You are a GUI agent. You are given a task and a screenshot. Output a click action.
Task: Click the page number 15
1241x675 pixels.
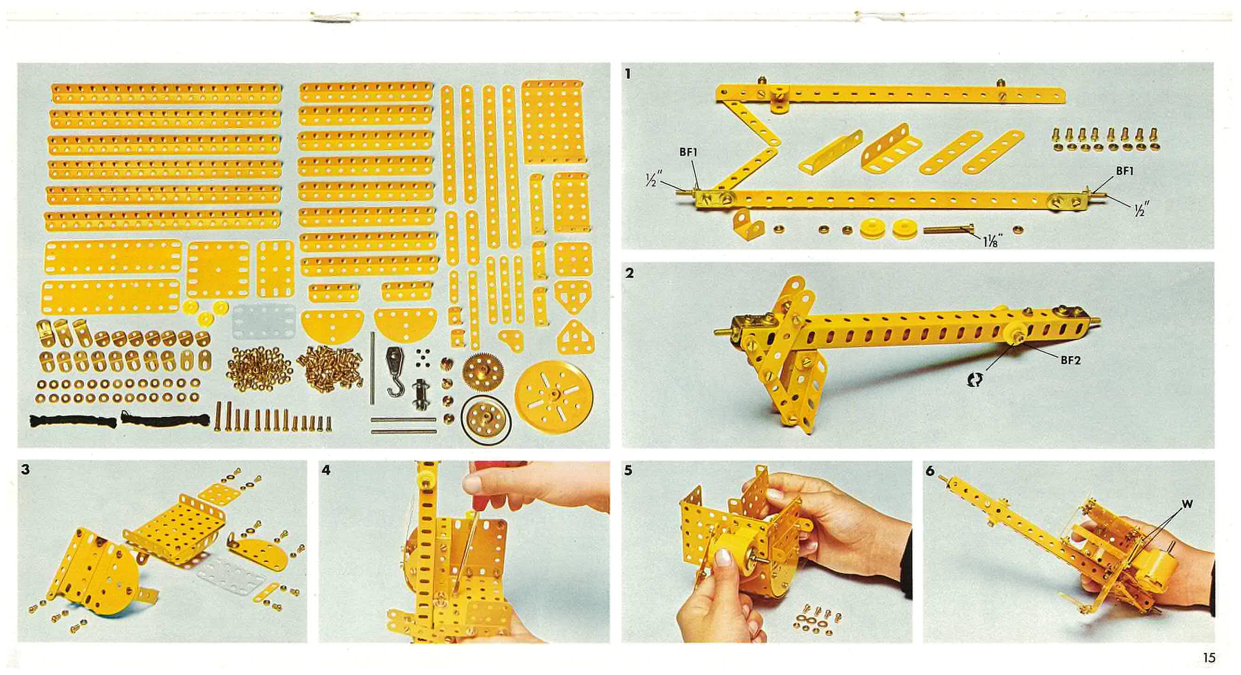[1209, 657]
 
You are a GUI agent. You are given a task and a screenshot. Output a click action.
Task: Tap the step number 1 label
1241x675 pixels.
[627, 74]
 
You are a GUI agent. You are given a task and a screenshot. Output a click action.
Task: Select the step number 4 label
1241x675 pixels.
[326, 470]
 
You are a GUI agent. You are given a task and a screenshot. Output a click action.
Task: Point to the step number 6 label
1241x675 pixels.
[930, 471]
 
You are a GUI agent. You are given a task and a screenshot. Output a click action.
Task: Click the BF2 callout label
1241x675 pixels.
[1070, 360]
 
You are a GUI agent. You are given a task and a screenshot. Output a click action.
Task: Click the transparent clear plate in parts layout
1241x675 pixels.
[263, 322]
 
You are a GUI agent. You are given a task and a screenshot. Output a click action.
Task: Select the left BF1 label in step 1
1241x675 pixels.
[688, 152]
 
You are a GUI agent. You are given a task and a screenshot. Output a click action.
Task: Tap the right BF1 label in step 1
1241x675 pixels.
[1125, 171]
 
